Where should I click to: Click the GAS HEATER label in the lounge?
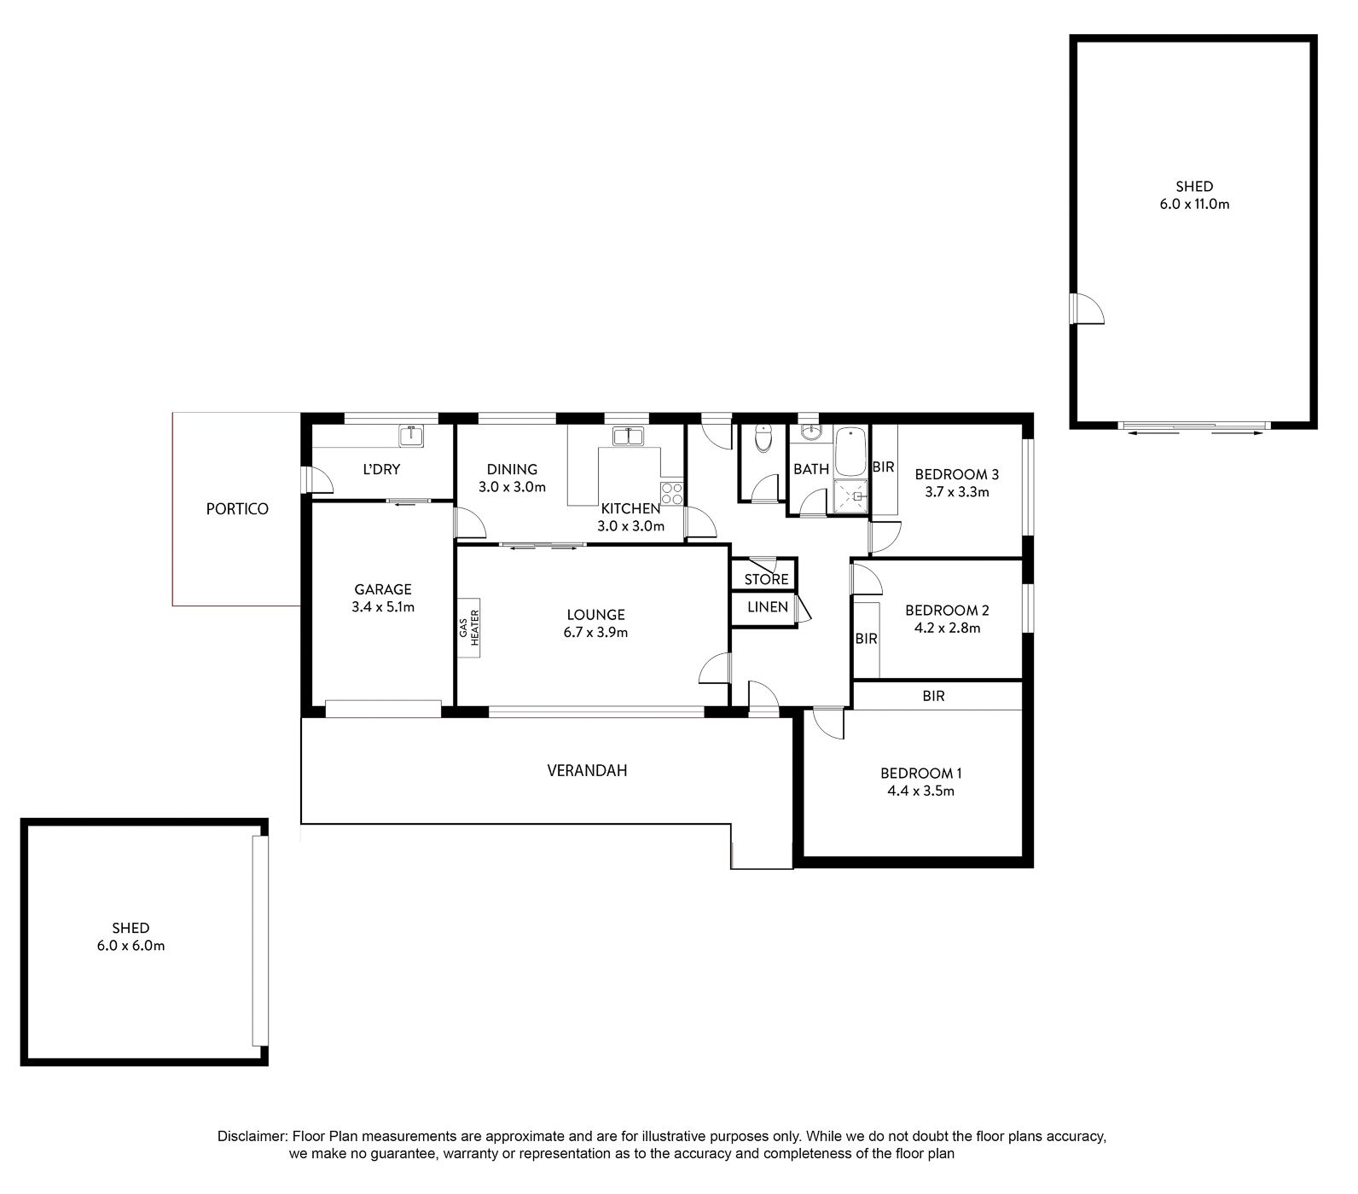[x=470, y=626]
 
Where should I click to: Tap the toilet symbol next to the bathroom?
[x=763, y=438]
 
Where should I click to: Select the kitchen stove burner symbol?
[x=672, y=493]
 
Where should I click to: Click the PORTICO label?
[x=237, y=509]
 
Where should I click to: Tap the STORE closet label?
[x=766, y=580]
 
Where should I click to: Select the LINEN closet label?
[x=768, y=607]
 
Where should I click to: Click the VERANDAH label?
[x=587, y=771]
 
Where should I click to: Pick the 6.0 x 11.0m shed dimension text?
[x=1194, y=205]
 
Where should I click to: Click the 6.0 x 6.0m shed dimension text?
[x=131, y=946]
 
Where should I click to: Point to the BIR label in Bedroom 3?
[x=883, y=467]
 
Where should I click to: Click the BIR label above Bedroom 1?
[x=933, y=696]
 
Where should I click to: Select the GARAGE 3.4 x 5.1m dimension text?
[x=383, y=607]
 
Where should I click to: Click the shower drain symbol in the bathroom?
[x=857, y=494]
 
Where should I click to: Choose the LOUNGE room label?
[x=596, y=615]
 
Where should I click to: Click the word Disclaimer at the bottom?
[x=252, y=1137]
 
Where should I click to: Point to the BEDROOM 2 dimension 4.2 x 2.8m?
[x=947, y=629]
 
